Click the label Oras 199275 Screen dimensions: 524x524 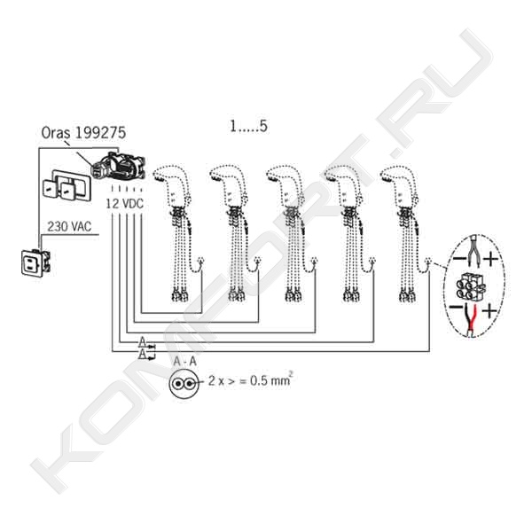83,133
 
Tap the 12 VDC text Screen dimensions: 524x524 125,204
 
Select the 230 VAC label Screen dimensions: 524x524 69,227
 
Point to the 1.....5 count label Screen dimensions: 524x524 248,126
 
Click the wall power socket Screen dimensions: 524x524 35,263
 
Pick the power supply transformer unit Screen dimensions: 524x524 119,166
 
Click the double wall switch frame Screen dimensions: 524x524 66,186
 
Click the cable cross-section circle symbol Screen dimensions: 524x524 184,383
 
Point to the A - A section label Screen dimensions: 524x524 184,361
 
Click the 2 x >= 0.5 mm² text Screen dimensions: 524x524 250,380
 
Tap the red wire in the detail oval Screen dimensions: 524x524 472,319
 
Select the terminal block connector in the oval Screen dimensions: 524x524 470,286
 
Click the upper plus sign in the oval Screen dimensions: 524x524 490,259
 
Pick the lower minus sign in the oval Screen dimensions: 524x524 455,307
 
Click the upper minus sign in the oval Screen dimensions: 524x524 459,258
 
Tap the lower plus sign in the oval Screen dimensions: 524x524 489,311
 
